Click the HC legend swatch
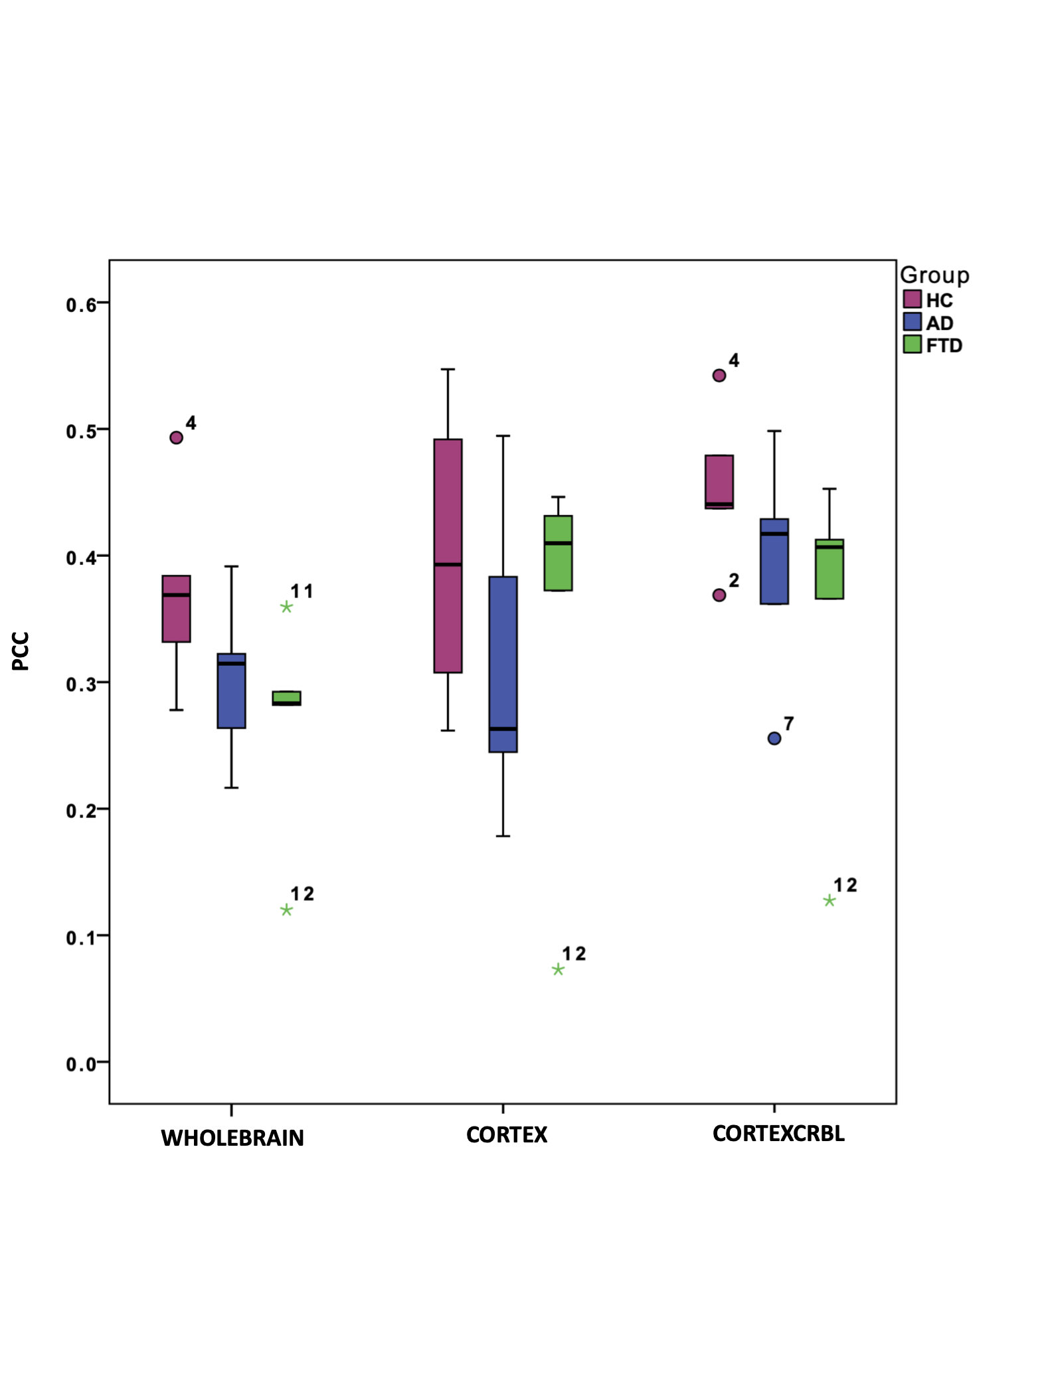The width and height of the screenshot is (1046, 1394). (912, 299)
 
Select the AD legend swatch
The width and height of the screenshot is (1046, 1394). (912, 322)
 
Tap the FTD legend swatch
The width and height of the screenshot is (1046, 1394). (912, 344)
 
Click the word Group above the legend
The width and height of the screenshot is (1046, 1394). (934, 275)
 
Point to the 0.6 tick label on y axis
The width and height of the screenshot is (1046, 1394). (81, 305)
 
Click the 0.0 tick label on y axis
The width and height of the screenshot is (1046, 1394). (81, 1065)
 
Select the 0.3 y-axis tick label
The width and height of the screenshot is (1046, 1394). (81, 684)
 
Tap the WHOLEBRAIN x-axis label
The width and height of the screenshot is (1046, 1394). (232, 1138)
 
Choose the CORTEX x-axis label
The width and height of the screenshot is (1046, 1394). (507, 1134)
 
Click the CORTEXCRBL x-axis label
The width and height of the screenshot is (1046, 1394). (778, 1133)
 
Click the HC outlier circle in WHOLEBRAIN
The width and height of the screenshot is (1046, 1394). (176, 437)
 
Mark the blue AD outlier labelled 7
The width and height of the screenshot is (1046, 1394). (774, 738)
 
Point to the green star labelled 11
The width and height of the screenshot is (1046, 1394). (286, 607)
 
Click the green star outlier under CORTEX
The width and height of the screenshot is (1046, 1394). (558, 970)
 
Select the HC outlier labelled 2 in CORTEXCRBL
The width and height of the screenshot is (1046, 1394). (719, 595)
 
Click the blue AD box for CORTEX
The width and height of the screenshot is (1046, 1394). (503, 664)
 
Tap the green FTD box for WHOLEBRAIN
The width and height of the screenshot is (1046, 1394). (286, 698)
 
